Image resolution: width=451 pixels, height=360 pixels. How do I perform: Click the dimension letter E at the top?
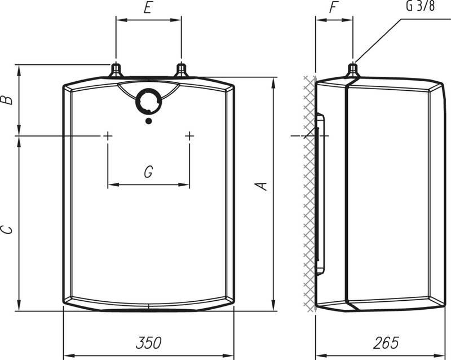point(148,8)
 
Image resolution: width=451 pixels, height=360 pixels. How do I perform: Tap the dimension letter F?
point(333,8)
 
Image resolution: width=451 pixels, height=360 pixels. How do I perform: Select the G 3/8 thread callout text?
point(420,6)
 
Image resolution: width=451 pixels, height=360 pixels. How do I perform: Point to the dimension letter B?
point(7,99)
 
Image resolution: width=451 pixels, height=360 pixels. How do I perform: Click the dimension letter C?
point(7,230)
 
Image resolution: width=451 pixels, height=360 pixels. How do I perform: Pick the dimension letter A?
point(262,186)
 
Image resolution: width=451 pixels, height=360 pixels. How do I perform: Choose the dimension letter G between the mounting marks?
point(148,172)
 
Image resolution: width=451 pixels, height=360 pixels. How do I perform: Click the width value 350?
point(148,343)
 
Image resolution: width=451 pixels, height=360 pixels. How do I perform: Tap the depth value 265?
point(386,343)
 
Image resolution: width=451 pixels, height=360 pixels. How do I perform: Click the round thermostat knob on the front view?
point(148,102)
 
